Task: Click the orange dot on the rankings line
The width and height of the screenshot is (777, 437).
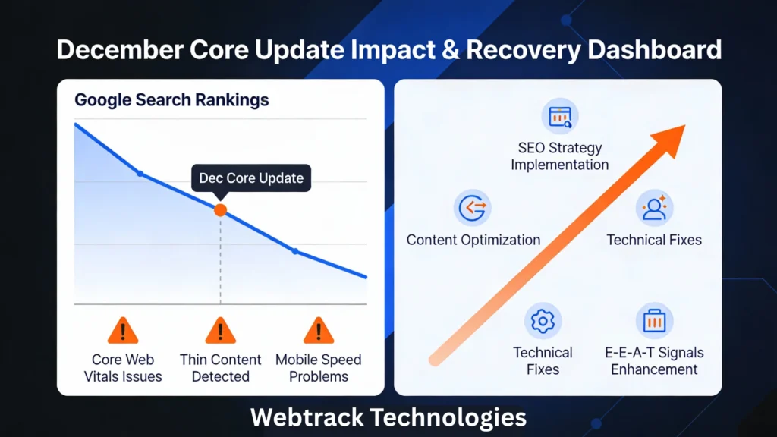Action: coord(220,210)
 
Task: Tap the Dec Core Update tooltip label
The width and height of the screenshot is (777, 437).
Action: coord(251,178)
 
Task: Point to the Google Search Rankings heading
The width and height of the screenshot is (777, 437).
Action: coord(171,99)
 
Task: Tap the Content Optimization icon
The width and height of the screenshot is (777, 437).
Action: coord(473,208)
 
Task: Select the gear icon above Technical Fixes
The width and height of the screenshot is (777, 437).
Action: coord(543,321)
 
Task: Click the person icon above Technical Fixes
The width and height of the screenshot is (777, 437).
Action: coord(654,208)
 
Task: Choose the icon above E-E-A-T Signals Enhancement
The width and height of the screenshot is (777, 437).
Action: coord(654,321)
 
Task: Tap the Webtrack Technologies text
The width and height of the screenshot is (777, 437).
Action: coord(388,417)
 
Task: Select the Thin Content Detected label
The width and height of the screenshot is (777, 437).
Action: coord(220,368)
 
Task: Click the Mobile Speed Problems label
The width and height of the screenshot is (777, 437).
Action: coord(318,368)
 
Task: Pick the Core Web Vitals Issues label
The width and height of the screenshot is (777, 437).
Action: coord(123,368)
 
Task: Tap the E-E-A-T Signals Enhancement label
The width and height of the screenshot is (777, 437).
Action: coord(654,361)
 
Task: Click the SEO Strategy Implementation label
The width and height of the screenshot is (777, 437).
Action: coord(560,156)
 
